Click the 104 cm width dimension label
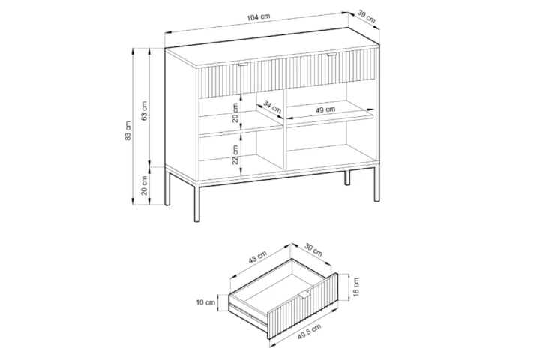(259, 18)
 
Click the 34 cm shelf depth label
(273, 108)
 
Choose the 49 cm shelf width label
(325, 110)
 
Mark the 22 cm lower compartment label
(234, 154)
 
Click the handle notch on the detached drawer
(308, 291)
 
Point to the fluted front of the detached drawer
(300, 311)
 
